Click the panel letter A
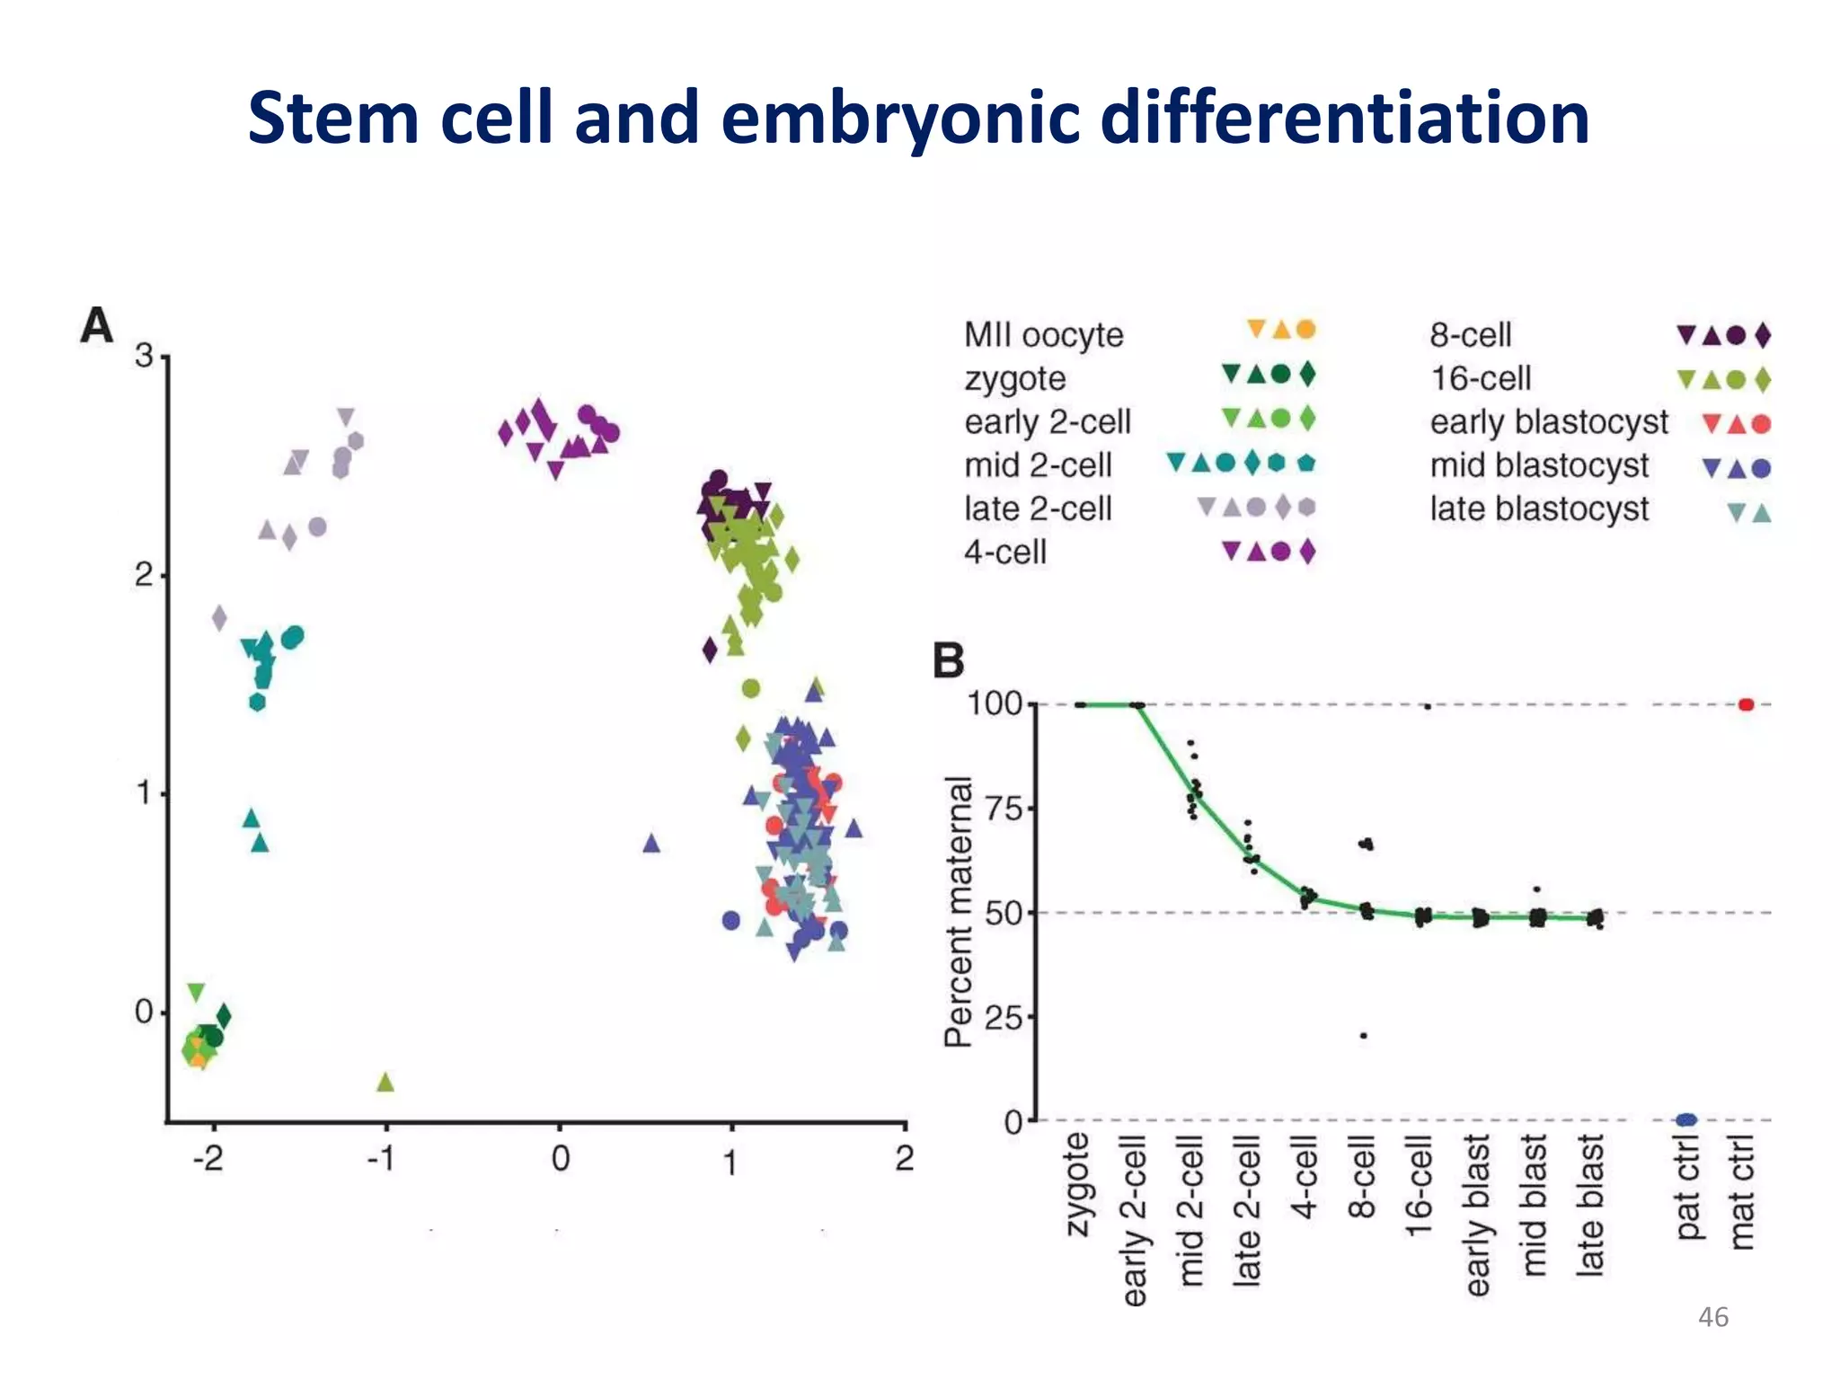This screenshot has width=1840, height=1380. tap(97, 325)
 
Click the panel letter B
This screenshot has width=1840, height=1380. tap(949, 660)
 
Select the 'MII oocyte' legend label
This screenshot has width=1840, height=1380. tap(1043, 335)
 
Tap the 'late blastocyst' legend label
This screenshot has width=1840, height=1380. tap(1539, 509)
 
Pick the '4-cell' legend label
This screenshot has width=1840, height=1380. tap(1005, 552)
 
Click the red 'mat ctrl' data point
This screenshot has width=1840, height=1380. tap(1746, 704)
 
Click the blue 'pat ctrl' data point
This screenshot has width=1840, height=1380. tap(1686, 1119)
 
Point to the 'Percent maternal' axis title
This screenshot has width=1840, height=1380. tap(959, 911)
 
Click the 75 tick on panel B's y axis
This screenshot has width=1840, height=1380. tap(1004, 809)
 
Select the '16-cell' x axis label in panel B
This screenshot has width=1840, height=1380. tap(1419, 1186)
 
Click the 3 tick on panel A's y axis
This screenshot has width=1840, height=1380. tap(145, 356)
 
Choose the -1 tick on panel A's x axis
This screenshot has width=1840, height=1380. tap(381, 1159)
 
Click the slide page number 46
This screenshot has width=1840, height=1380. tap(1712, 1317)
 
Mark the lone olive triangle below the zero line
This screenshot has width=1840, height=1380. tap(385, 1082)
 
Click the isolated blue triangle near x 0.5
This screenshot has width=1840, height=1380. tap(651, 843)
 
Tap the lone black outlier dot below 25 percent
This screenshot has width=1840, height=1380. tap(1363, 1036)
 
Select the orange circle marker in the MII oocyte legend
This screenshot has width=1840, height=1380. tap(1306, 330)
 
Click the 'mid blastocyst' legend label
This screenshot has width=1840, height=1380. tap(1539, 465)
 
